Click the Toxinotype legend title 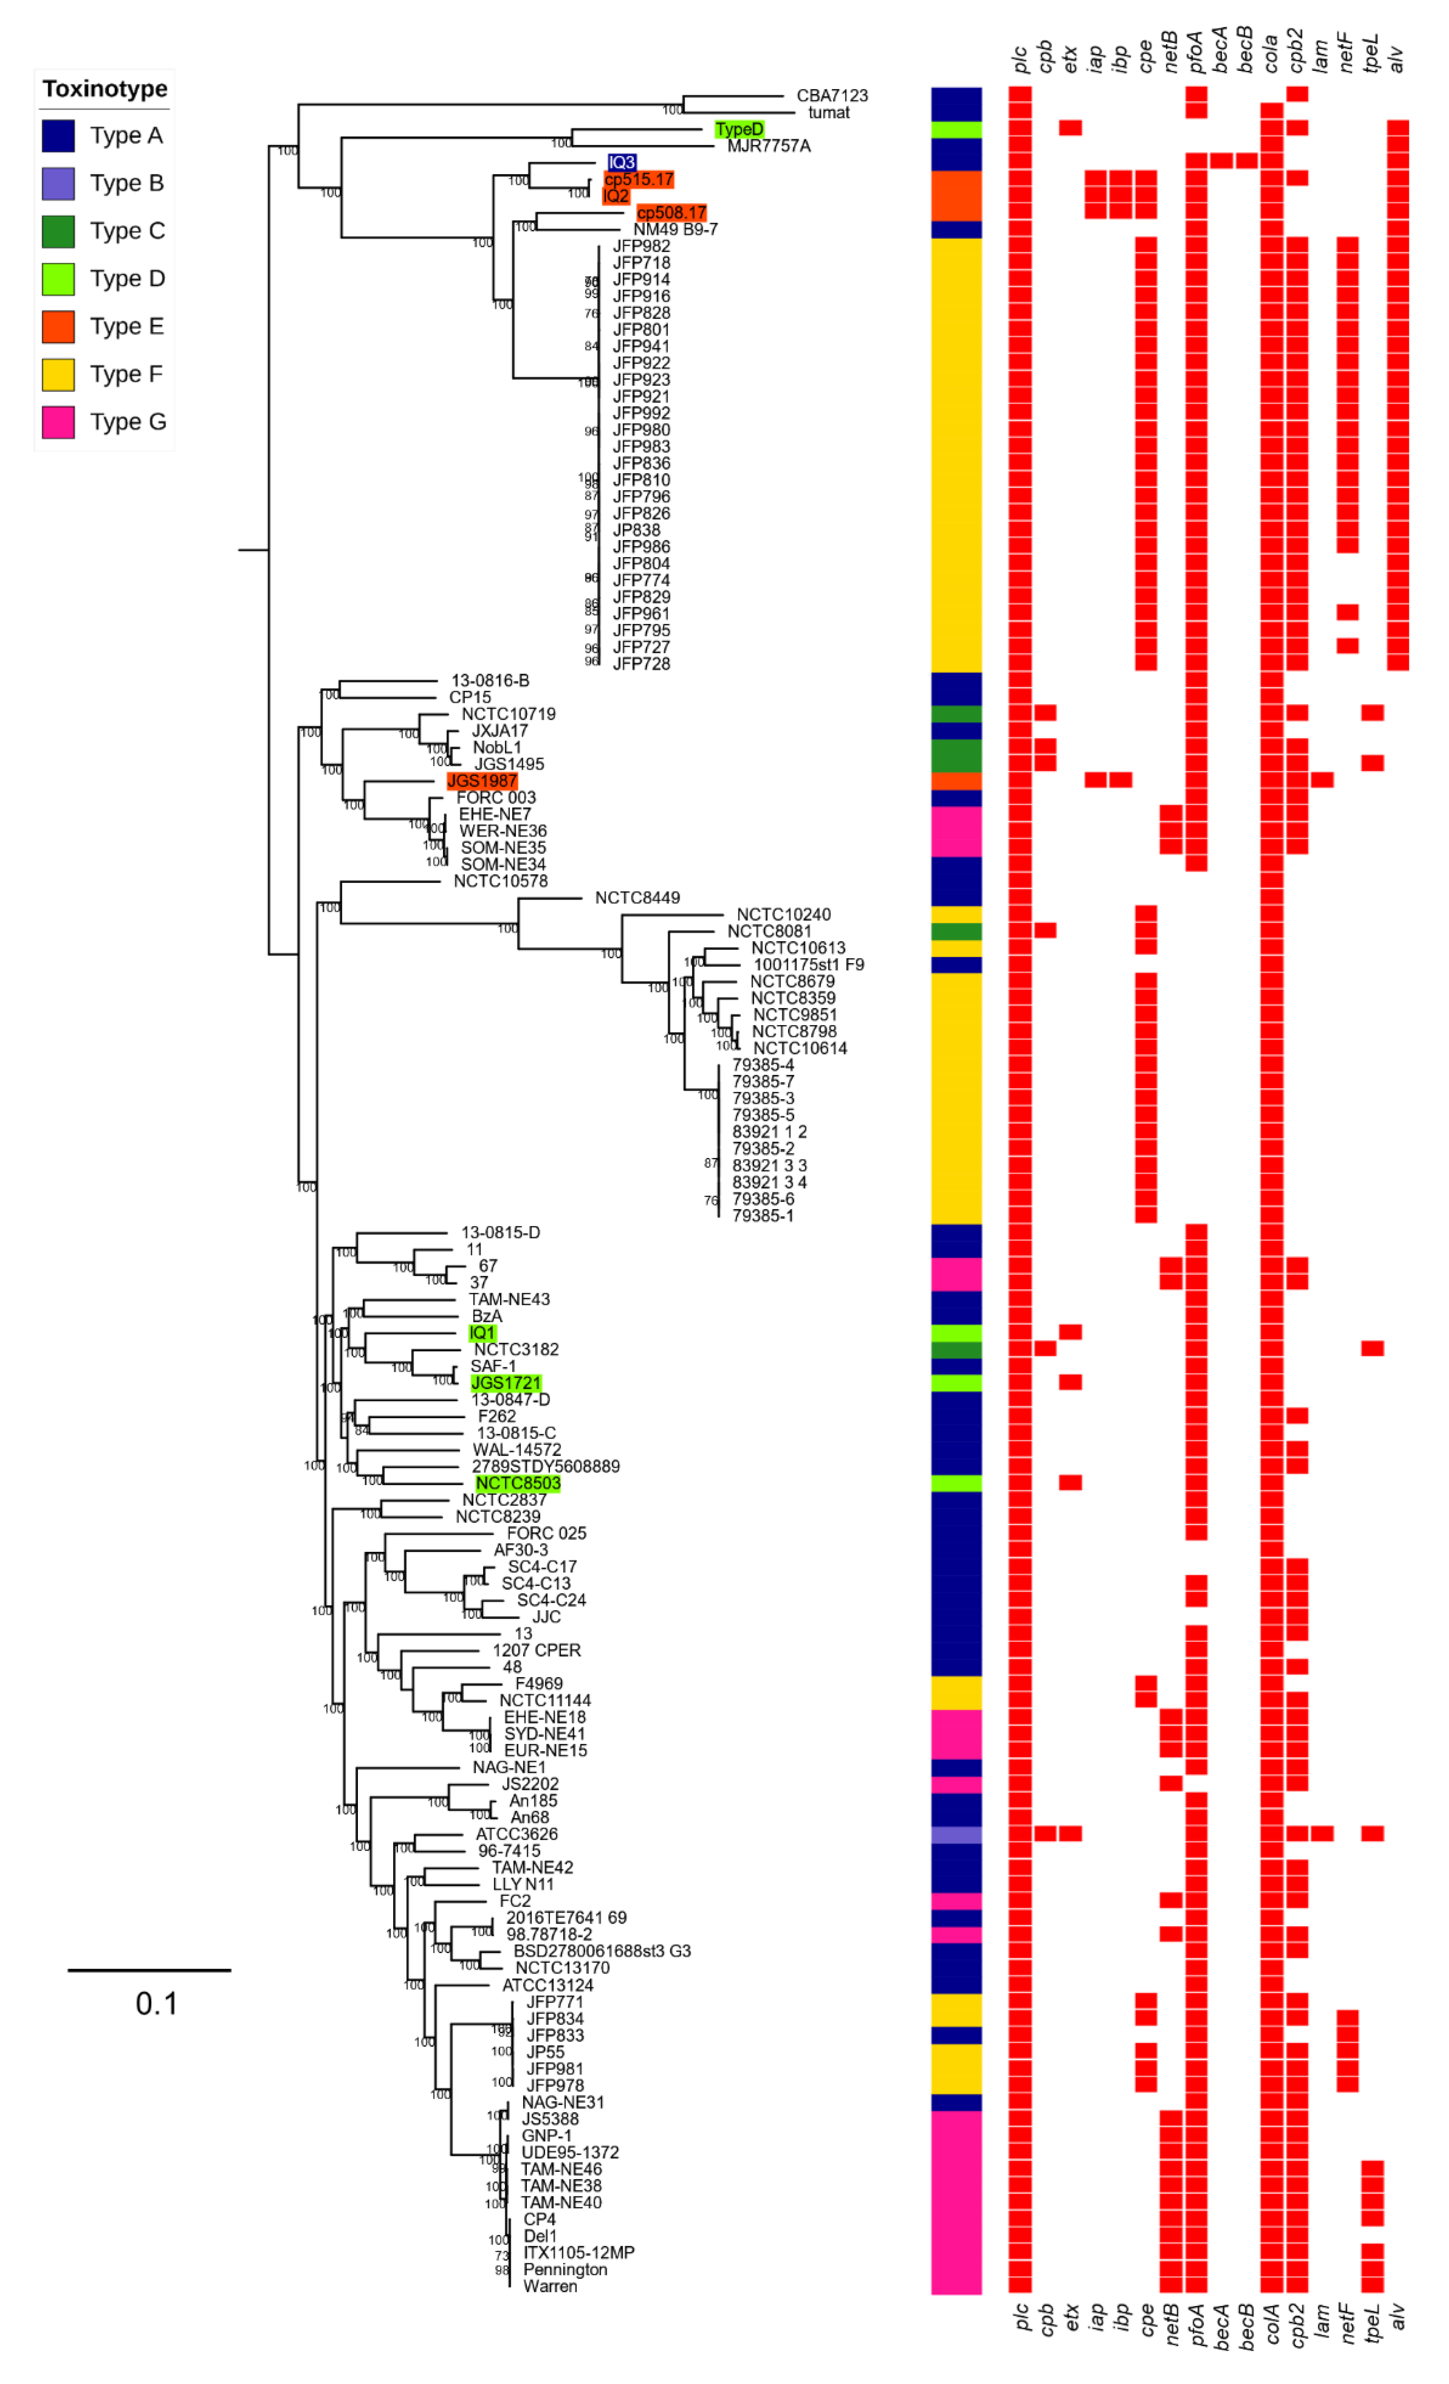pos(104,89)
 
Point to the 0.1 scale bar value pos(156,2004)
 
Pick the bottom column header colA pos(1271,2324)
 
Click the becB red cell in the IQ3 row pos(1246,160)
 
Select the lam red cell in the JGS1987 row pos(1322,780)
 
